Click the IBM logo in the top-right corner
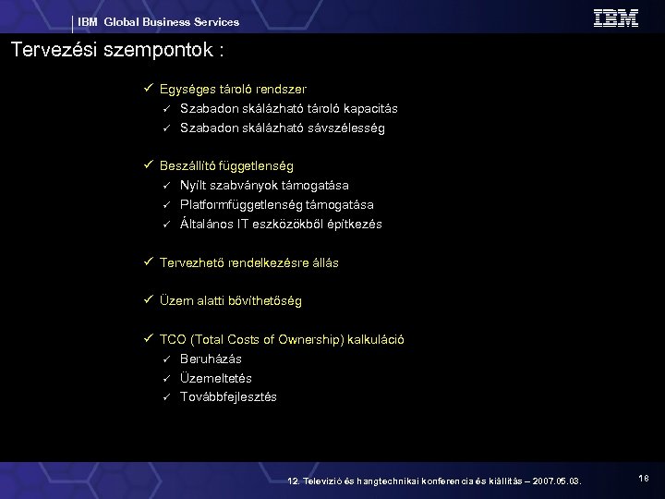[x=616, y=18]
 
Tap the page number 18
[x=643, y=477]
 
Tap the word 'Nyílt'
[x=195, y=186]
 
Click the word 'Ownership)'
[x=310, y=339]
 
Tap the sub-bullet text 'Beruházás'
[x=212, y=359]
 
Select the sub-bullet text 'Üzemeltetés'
[x=216, y=378]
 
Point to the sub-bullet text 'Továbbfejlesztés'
[x=228, y=397]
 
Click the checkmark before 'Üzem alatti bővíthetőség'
[x=148, y=300]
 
